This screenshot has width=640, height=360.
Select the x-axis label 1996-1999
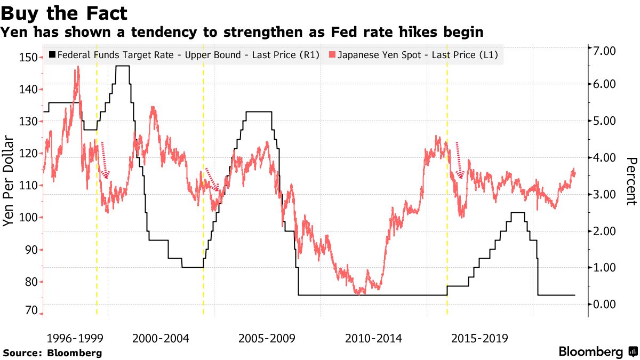[74, 338]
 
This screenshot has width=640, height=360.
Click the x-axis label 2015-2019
[479, 338]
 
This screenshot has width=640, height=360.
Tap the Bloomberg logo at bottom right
[598, 352]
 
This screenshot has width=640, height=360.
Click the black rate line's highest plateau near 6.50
[123, 66]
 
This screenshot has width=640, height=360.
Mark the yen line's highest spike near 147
[78, 68]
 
